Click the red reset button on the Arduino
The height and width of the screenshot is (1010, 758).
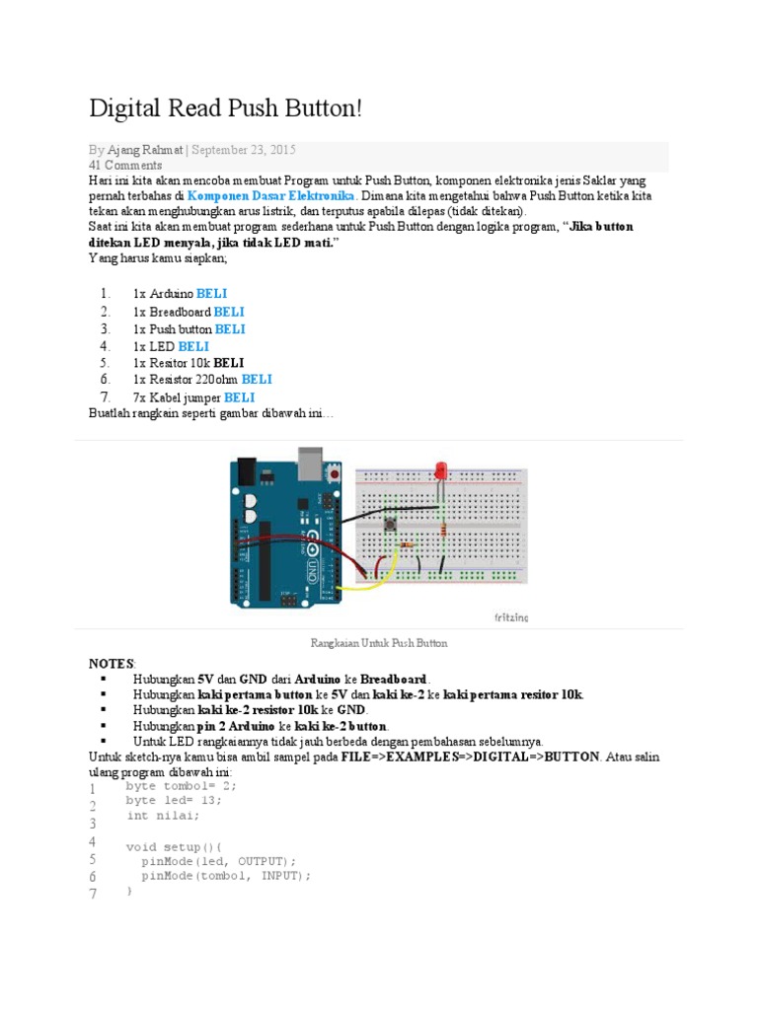(x=338, y=474)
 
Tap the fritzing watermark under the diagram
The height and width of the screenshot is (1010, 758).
(x=510, y=617)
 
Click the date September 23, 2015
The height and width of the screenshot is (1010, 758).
(x=243, y=150)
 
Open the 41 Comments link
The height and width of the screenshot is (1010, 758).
(x=125, y=165)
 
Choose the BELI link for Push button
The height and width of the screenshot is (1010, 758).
(x=230, y=328)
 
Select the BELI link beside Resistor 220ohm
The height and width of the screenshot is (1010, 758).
(x=257, y=379)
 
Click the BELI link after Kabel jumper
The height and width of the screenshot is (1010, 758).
(x=239, y=397)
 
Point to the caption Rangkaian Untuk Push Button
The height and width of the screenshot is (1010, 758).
(x=379, y=643)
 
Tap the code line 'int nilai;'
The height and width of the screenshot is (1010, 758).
(x=163, y=816)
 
